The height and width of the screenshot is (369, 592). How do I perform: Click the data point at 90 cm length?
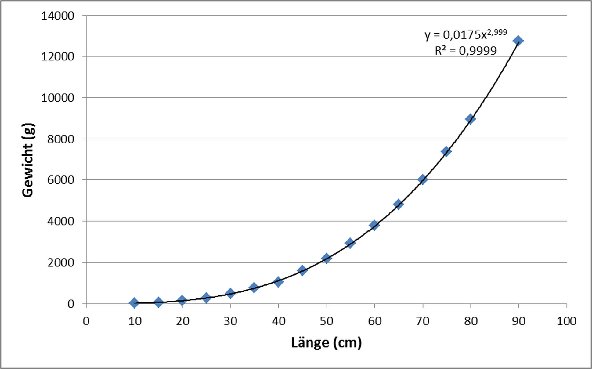click(518, 41)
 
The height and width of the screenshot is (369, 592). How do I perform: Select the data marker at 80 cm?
click(470, 119)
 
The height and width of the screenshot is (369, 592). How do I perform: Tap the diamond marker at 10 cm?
click(134, 303)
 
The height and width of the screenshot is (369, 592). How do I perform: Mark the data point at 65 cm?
click(398, 204)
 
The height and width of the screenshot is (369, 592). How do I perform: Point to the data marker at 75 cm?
click(446, 151)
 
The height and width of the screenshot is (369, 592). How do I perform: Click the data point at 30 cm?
click(230, 293)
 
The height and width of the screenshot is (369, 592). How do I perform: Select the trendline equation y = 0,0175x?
click(466, 34)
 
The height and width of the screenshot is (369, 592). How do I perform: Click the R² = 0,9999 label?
click(466, 50)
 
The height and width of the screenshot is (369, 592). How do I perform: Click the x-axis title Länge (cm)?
click(326, 342)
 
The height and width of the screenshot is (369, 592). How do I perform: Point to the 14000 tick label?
click(58, 16)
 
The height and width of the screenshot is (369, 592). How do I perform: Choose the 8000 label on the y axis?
click(61, 139)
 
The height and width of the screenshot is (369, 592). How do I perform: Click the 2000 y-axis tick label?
click(61, 262)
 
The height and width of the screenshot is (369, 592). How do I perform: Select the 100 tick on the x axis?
click(566, 321)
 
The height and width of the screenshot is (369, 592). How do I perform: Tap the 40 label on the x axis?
click(278, 321)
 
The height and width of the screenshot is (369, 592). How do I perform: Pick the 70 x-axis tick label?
click(422, 321)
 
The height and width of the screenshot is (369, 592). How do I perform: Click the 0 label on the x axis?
click(86, 321)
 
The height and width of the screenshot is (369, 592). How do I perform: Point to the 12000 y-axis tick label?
click(58, 57)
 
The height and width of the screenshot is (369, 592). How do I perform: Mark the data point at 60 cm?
click(374, 225)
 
